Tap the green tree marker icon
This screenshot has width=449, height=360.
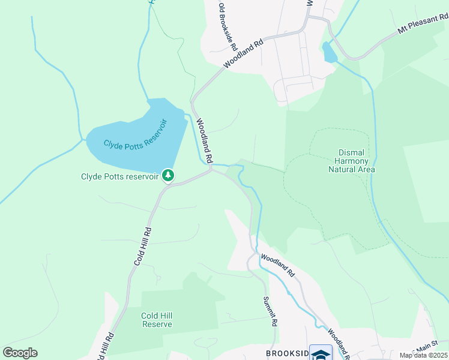(x=169, y=175)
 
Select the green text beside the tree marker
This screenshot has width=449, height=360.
(x=120, y=176)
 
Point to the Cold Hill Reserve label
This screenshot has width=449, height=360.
(x=157, y=320)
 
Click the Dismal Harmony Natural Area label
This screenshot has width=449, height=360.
(x=352, y=160)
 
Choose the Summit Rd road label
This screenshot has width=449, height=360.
(x=271, y=311)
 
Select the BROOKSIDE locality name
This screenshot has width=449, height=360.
(x=287, y=353)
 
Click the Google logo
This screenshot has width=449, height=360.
(x=20, y=353)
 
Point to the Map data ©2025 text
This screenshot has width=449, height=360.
(x=423, y=355)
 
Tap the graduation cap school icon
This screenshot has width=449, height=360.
(x=321, y=353)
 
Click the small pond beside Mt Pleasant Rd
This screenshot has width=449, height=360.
(x=330, y=53)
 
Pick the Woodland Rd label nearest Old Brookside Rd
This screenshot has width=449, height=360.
(x=243, y=54)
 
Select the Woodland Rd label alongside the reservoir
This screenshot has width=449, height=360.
(x=205, y=141)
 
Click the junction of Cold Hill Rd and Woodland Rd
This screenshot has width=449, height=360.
(x=209, y=170)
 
